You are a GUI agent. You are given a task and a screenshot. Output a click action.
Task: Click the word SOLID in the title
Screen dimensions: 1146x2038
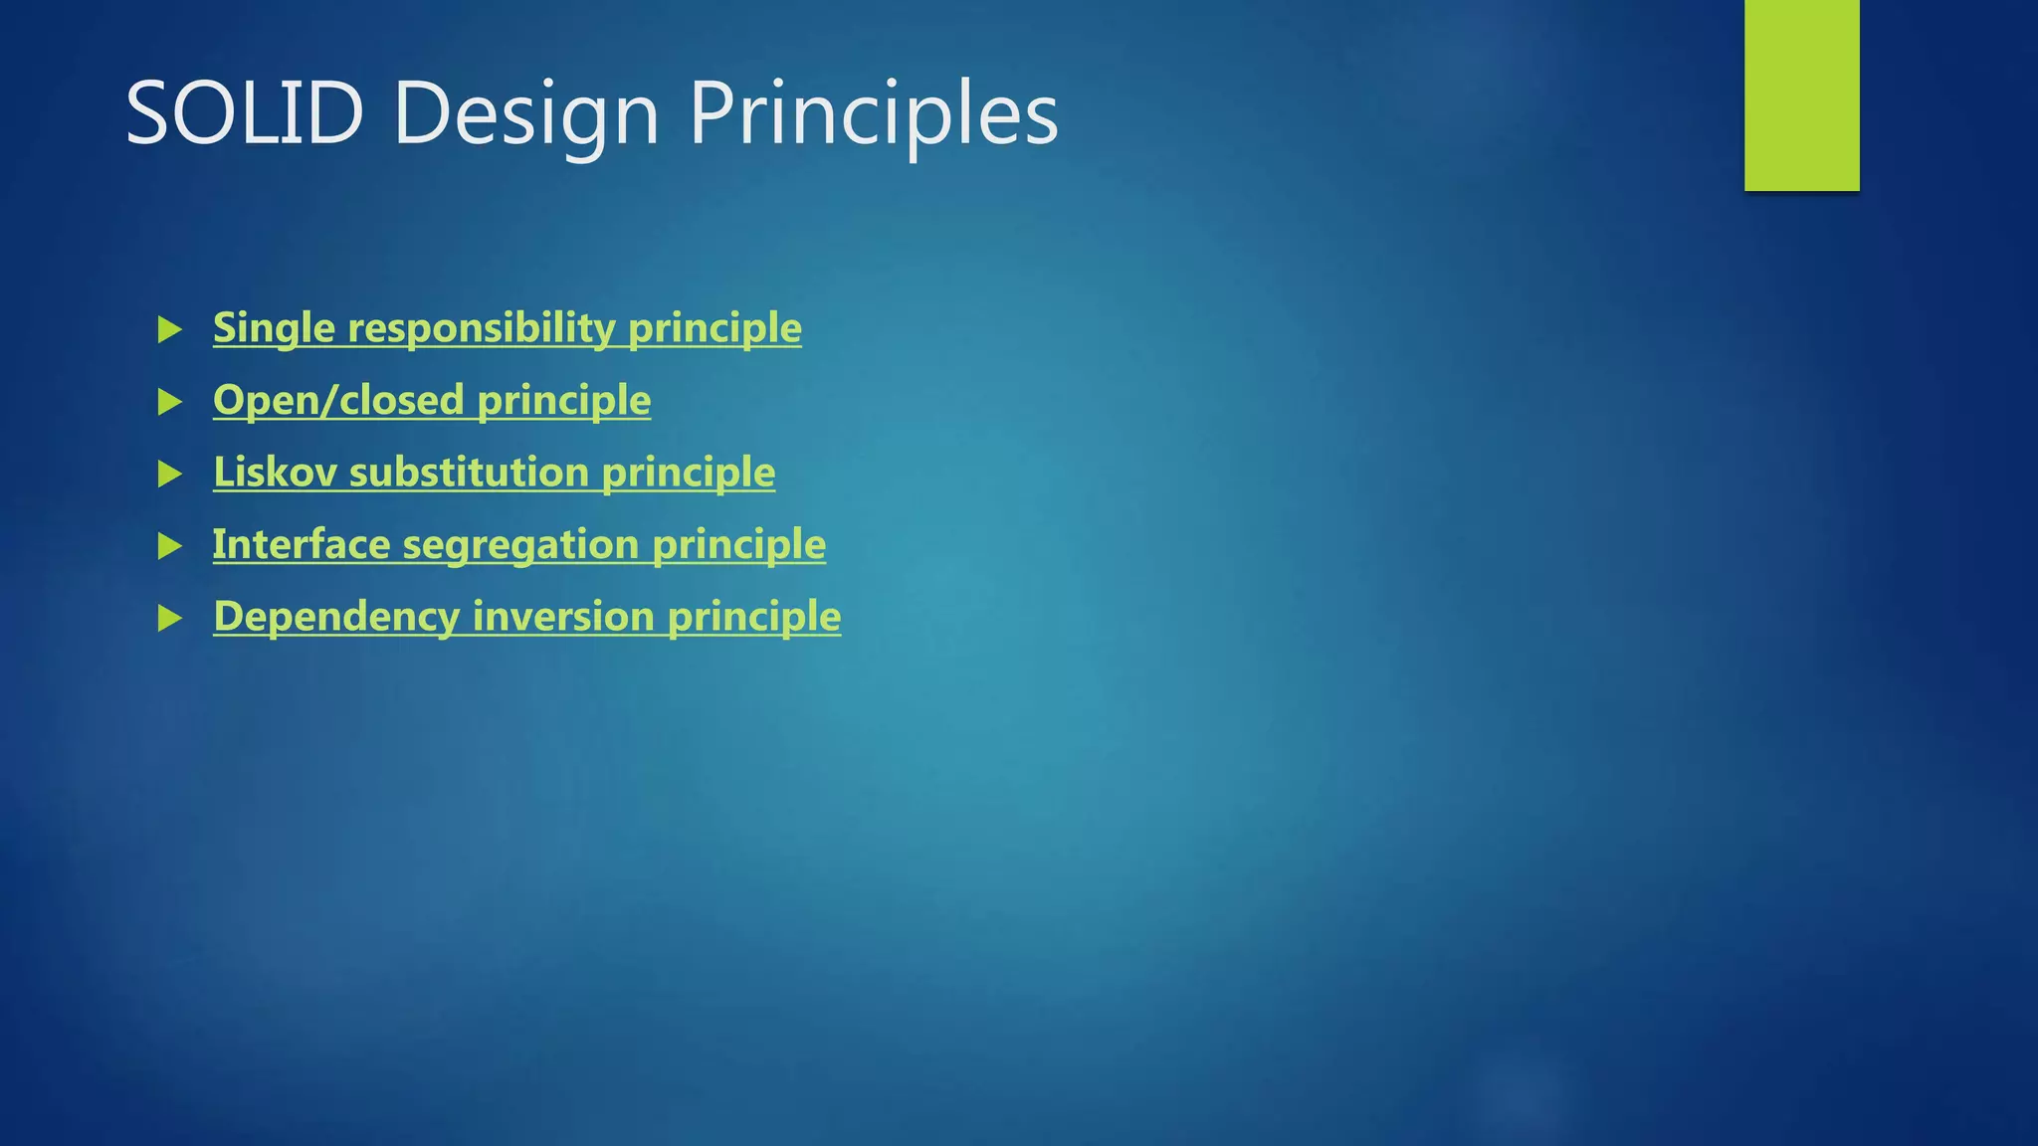[244, 114]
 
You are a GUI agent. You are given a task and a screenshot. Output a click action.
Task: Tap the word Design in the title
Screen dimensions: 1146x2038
[525, 114]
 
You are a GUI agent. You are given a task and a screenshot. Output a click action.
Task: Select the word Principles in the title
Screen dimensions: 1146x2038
[873, 114]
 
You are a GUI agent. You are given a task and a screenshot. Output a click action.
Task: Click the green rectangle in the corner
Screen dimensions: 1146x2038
[1801, 95]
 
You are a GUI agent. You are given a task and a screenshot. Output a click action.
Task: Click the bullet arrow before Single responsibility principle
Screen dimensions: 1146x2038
[170, 329]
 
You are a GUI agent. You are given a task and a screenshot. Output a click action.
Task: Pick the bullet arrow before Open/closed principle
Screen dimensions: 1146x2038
[170, 402]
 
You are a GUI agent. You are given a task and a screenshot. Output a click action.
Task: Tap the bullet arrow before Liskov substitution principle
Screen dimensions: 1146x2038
[170, 474]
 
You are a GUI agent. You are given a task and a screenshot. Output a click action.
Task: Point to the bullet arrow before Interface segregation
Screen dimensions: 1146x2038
[170, 546]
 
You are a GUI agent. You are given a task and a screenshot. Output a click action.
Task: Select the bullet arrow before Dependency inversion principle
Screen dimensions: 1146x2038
[170, 619]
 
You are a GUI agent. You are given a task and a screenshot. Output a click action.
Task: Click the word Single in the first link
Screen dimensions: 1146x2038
[274, 328]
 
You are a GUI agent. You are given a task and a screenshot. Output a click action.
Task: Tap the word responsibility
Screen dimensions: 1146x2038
[482, 328]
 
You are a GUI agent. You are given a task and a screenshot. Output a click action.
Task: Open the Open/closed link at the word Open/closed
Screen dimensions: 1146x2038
[338, 400]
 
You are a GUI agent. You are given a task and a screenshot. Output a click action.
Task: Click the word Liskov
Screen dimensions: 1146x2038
[275, 473]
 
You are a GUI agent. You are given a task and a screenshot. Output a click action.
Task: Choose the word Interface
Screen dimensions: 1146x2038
[302, 544]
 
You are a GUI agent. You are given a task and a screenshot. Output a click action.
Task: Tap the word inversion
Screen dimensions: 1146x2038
[563, 617]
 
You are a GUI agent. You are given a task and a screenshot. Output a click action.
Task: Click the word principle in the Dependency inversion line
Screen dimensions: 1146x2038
[754, 617]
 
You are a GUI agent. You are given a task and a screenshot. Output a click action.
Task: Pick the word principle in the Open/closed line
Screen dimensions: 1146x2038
[563, 400]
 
